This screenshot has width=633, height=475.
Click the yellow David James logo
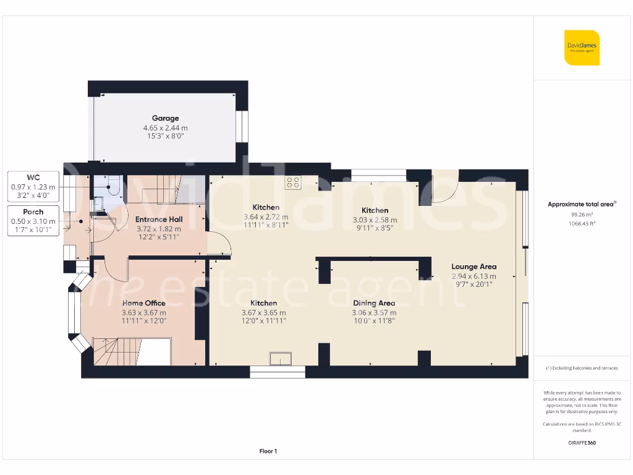pos(582,48)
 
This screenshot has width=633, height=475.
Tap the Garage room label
pos(165,118)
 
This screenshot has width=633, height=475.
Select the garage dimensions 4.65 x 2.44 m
pos(165,127)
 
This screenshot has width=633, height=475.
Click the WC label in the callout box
pos(33,178)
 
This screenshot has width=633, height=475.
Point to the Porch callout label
pos(33,212)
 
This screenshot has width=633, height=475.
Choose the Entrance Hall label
pos(159,220)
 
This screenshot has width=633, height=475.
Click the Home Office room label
pos(144,303)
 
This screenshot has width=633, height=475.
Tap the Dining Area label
pos(373,303)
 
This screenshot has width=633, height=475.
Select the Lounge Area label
pos(474,267)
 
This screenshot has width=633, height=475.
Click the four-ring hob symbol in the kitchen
pos(293,182)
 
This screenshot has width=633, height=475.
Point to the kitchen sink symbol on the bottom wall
pos(281,358)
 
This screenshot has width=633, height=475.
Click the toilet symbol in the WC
pos(113,186)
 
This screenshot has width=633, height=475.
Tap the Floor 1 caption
pos(268,451)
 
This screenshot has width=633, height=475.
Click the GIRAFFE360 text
pos(581,443)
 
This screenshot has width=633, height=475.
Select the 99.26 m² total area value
pos(581,215)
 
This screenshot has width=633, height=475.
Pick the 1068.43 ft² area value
pos(581,224)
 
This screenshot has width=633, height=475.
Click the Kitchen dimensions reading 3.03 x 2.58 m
pos(375,220)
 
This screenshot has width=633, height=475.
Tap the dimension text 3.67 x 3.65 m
pos(263,312)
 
